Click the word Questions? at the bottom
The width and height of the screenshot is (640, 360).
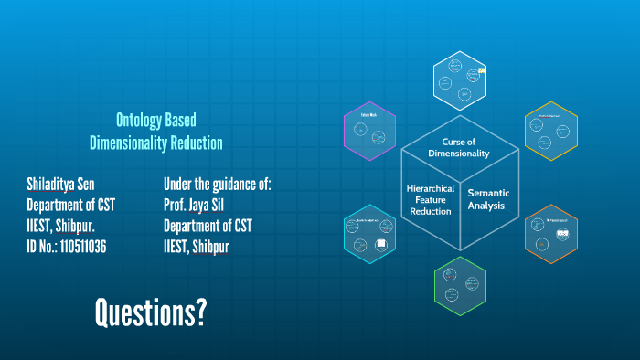pyautogui.click(x=150, y=313)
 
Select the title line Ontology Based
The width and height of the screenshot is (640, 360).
pyautogui.click(x=156, y=120)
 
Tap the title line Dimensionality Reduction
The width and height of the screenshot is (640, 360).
pyautogui.click(x=156, y=143)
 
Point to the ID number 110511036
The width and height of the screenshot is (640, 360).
pyautogui.click(x=67, y=246)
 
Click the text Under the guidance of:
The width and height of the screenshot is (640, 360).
pyautogui.click(x=218, y=184)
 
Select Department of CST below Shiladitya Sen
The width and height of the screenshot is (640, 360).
pyautogui.click(x=70, y=205)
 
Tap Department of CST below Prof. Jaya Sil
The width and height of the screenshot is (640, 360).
pyautogui.click(x=208, y=225)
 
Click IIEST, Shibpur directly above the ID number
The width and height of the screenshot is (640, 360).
pyautogui.click(x=61, y=225)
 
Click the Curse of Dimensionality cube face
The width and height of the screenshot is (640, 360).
pyautogui.click(x=460, y=147)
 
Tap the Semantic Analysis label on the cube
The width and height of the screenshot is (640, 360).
pyautogui.click(x=488, y=199)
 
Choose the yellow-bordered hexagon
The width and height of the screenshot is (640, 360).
pyautogui.click(x=550, y=131)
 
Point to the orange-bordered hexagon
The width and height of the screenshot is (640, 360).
pyautogui.click(x=552, y=237)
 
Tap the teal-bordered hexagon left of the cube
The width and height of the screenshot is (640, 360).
pyautogui.click(x=370, y=234)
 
